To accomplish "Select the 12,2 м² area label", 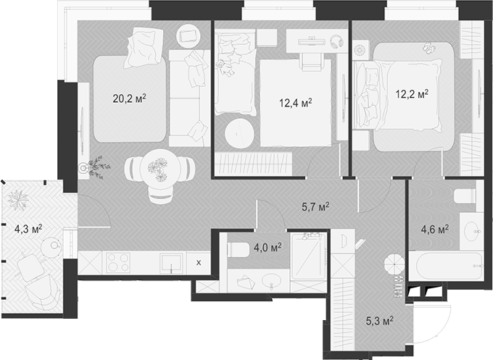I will click(x=411, y=94).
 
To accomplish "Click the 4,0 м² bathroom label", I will click(x=266, y=247).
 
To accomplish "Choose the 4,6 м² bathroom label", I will click(x=434, y=230).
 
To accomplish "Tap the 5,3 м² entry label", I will click(x=378, y=319).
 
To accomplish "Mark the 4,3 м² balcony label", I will click(x=28, y=228).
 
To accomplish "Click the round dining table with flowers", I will click(x=159, y=168).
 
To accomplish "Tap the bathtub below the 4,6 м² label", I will click(x=444, y=265).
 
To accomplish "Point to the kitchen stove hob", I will click(x=117, y=262).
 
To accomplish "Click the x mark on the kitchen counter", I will click(x=199, y=262).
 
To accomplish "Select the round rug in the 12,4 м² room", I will click(x=239, y=133).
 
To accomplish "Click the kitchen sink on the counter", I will click(x=170, y=262).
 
